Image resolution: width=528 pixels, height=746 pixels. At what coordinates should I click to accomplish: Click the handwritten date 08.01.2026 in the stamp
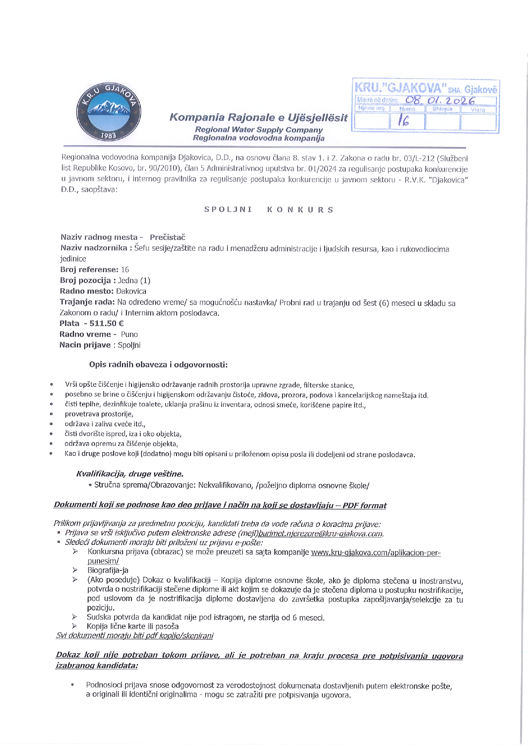[440, 100]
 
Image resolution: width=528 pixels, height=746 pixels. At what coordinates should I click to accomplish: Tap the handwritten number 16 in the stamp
[404, 122]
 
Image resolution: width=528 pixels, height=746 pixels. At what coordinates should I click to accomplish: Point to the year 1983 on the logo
[108, 135]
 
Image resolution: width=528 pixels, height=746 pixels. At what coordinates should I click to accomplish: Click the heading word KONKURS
[300, 210]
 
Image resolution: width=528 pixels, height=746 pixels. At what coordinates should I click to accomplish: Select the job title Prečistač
[167, 237]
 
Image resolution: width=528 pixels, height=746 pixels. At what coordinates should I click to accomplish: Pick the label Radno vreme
[85, 335]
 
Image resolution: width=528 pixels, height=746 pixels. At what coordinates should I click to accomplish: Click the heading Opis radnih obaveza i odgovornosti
[158, 365]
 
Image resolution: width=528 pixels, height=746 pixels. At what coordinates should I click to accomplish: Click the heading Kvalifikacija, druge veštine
[130, 474]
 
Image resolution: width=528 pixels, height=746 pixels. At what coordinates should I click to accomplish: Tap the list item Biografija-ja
[108, 570]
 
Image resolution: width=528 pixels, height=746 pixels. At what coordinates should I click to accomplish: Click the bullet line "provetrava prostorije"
[99, 414]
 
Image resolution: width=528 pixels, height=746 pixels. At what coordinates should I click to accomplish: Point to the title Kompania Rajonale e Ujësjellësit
[258, 117]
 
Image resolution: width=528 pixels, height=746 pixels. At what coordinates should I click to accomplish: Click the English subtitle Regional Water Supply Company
[259, 130]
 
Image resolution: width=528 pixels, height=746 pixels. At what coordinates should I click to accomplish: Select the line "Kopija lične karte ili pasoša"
[132, 626]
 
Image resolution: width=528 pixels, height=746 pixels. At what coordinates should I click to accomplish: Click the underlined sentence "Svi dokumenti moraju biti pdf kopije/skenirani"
[134, 636]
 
